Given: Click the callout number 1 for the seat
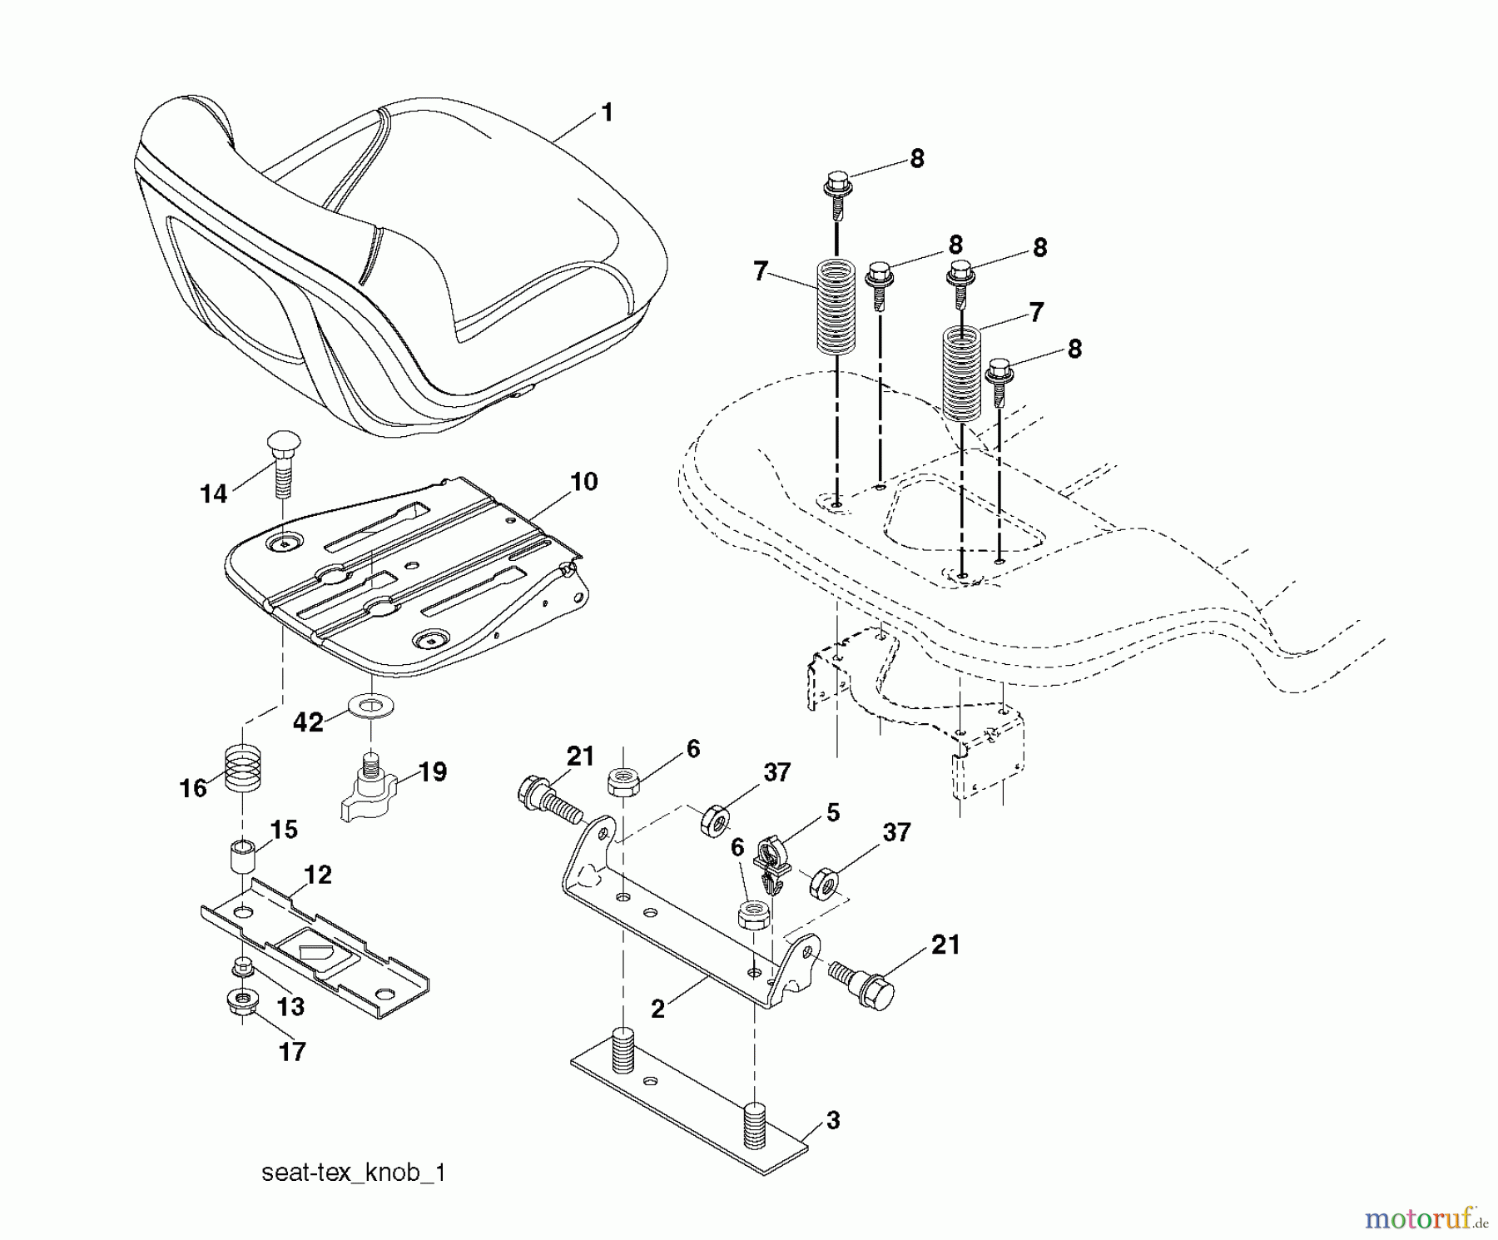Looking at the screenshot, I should [607, 113].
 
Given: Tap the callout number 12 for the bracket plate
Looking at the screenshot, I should [318, 875].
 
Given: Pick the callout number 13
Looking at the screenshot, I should [290, 1007].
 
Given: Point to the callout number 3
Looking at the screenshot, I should [833, 1121].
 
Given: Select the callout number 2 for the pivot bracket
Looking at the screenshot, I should [657, 1009].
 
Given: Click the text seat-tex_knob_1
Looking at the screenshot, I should [354, 1173].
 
